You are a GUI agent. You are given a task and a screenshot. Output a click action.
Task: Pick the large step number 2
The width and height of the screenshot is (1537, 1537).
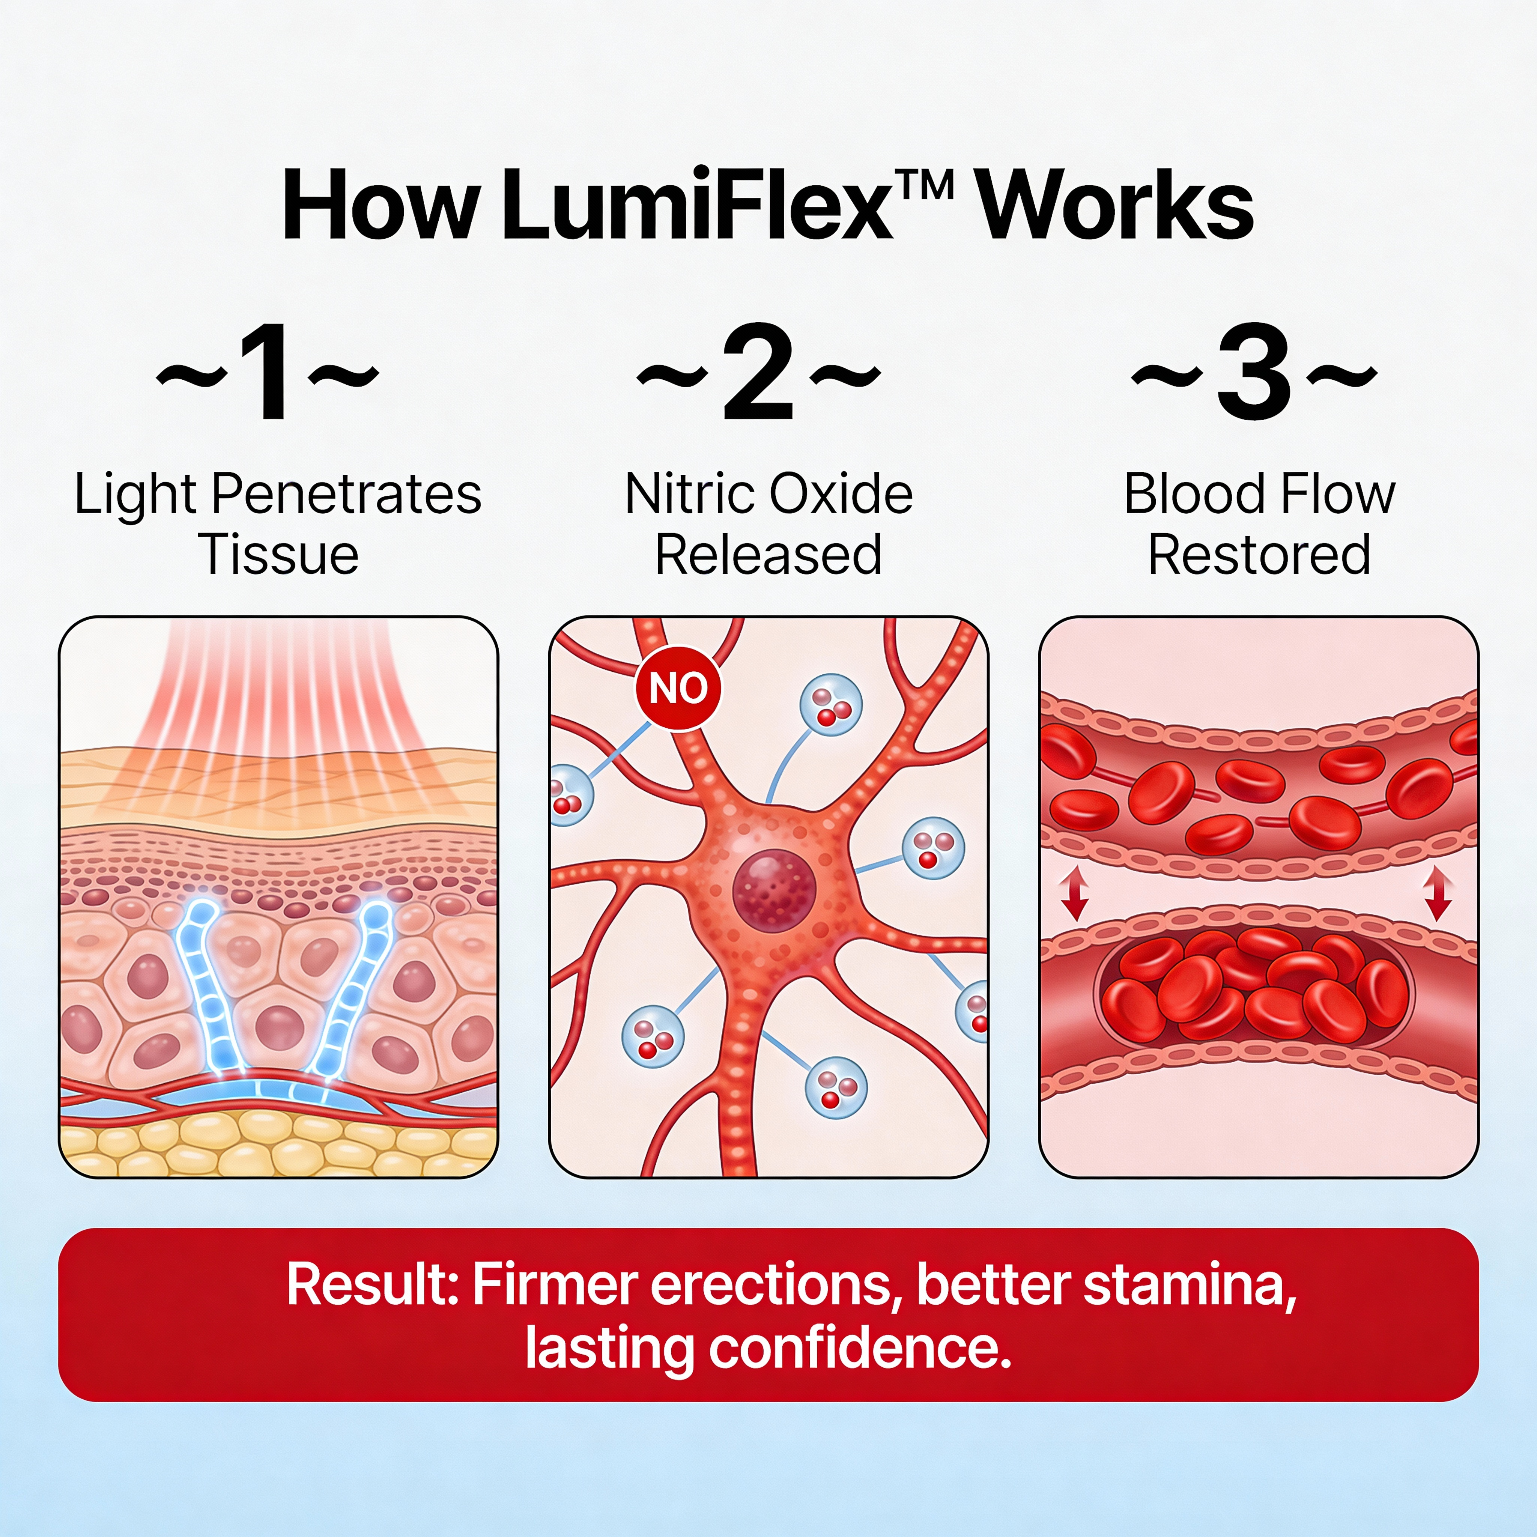coord(758,372)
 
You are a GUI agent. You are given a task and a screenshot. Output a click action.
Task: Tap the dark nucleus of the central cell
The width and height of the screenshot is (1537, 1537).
coord(774,889)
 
